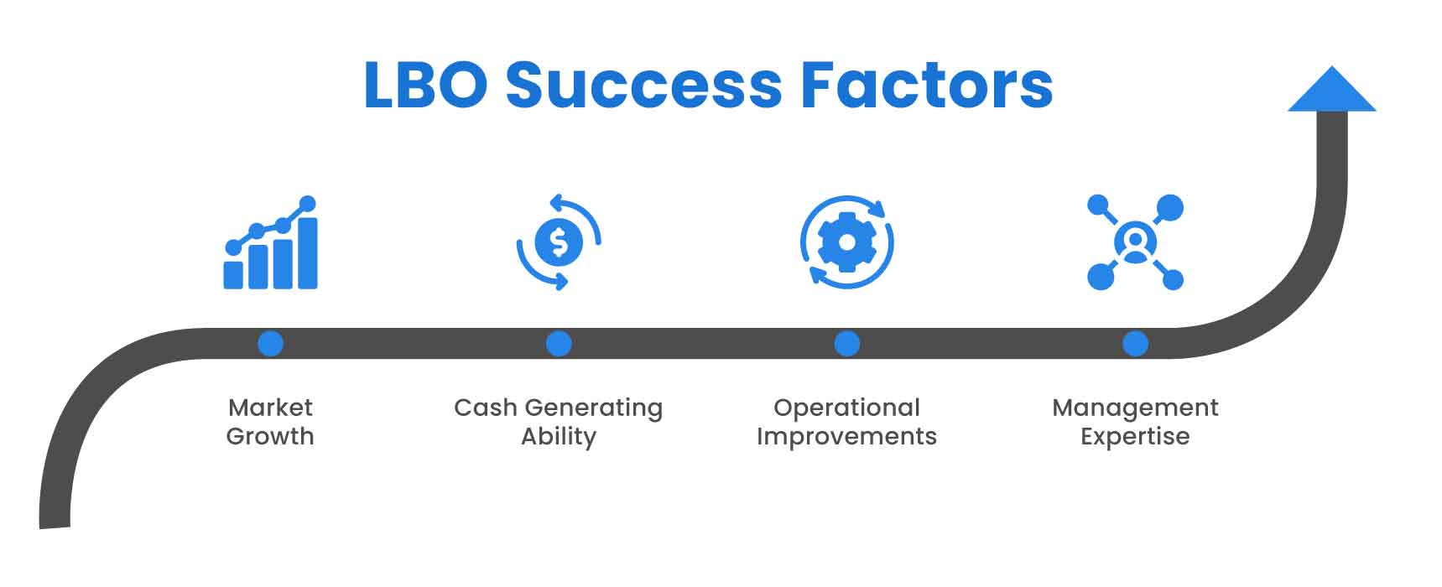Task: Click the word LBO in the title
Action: point(425,86)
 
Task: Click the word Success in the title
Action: point(643,86)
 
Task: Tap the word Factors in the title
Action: point(926,86)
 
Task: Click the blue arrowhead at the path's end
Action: point(1331,91)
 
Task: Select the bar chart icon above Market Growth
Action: point(271,244)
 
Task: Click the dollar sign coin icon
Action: point(559,242)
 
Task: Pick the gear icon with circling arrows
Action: point(846,242)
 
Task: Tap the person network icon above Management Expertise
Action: point(1135,242)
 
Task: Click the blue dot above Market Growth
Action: point(270,344)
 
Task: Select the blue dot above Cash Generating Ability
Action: point(559,344)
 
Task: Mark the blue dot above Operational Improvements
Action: point(847,344)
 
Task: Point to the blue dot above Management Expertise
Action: point(1135,344)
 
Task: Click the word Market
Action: point(270,408)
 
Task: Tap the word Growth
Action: point(270,437)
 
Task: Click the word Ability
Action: point(559,437)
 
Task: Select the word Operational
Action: point(846,408)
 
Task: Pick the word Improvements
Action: point(846,437)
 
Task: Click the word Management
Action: point(1135,408)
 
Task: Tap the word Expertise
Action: point(1135,437)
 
